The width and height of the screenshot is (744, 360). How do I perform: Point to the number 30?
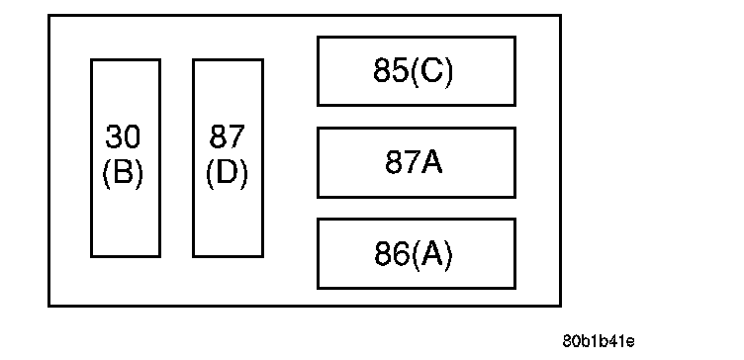pos(123,136)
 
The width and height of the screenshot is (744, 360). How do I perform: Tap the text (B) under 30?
pos(123,174)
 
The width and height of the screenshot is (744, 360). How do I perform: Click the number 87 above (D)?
pos(228,136)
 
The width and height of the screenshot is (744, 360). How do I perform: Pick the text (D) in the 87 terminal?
pos(228,174)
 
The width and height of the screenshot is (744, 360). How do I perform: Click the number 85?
pos(392,70)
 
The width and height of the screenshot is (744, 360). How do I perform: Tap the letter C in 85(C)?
pos(431,70)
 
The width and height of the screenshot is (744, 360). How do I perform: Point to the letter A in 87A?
pos(431,162)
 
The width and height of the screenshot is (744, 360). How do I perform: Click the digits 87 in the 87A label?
pos(403,162)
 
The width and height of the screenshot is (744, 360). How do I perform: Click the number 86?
pos(392,253)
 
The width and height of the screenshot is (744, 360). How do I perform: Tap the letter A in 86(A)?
pos(431,253)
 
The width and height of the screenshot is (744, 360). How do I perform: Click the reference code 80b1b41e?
pos(599,341)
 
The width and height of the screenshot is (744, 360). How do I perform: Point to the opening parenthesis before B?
pos(106,174)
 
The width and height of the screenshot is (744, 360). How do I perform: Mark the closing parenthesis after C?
pos(448,72)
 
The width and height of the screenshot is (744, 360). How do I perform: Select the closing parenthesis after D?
pos(244,174)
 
